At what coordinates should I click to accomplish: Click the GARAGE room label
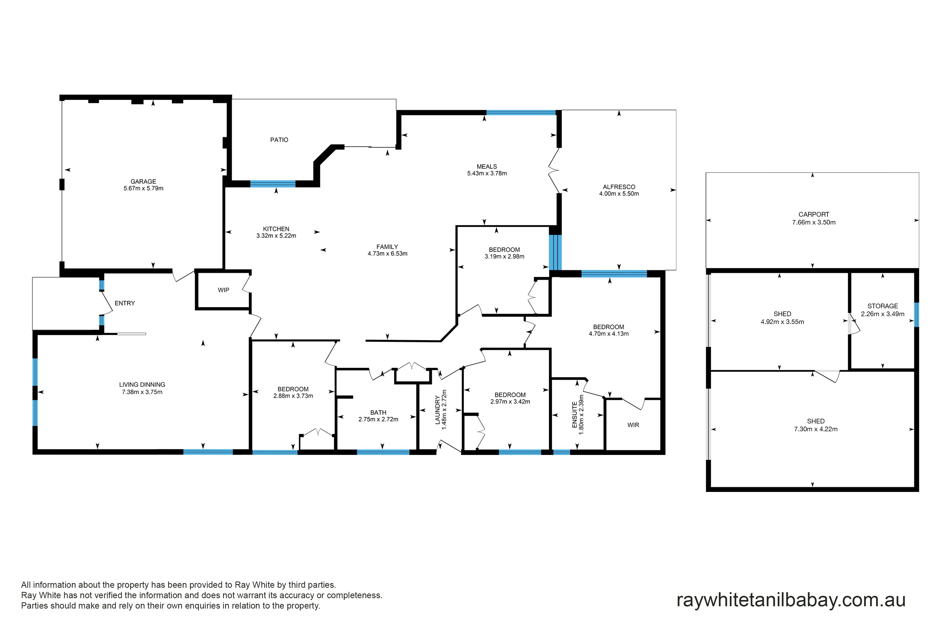[143, 181]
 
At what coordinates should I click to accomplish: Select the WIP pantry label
[224, 290]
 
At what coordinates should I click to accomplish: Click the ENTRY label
[125, 303]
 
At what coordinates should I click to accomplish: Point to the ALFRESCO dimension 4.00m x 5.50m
[619, 194]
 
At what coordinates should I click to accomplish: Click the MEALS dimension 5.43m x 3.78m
[487, 173]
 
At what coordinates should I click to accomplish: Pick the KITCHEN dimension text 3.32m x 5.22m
[276, 236]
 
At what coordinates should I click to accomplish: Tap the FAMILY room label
[387, 247]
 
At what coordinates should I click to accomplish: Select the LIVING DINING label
[142, 385]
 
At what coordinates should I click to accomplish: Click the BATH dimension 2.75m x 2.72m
[378, 419]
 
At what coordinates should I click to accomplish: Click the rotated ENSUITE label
[574, 415]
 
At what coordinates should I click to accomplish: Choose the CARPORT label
[814, 214]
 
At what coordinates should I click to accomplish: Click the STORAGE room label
[883, 306]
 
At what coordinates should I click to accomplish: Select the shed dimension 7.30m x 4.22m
[816, 429]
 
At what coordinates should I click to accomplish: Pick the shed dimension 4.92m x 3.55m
[782, 322]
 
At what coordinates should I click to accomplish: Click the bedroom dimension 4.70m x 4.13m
[609, 334]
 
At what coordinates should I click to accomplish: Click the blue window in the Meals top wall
[521, 113]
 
